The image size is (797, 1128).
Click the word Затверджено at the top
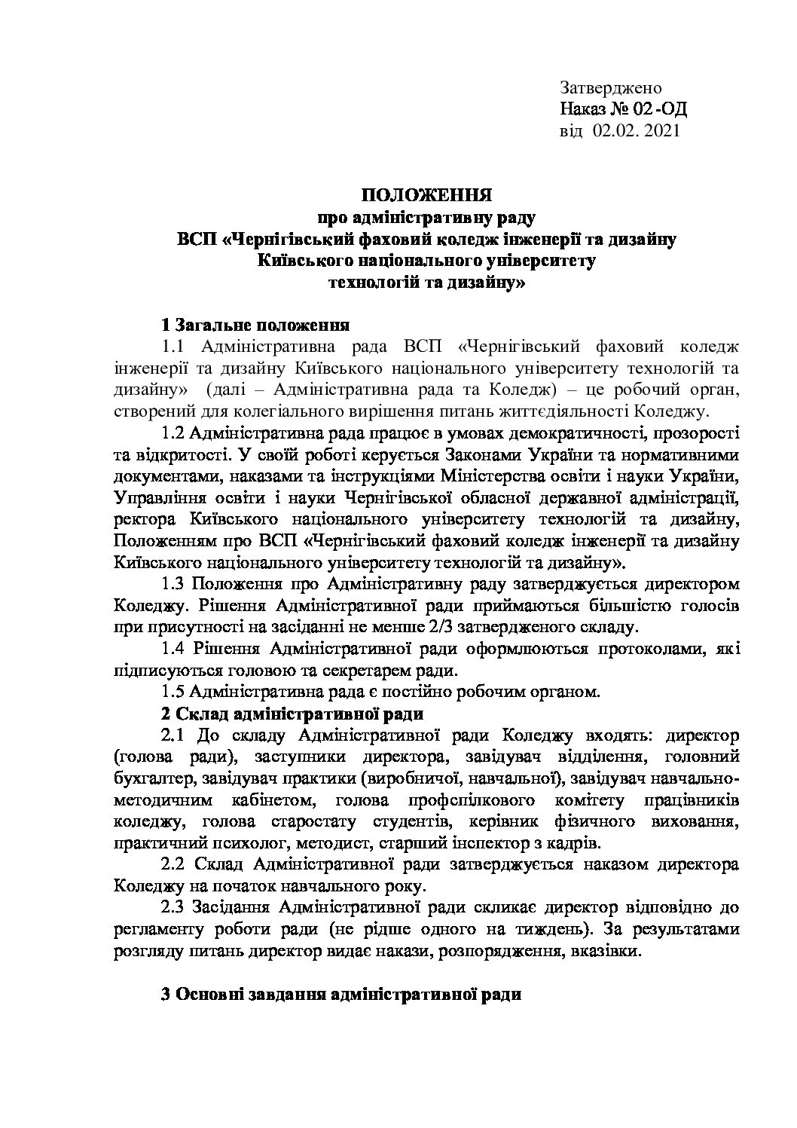pyautogui.click(x=610, y=89)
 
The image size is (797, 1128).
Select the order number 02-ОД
pyautogui.click(x=661, y=110)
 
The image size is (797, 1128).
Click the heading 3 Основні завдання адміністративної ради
pyautogui.click(x=342, y=993)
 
